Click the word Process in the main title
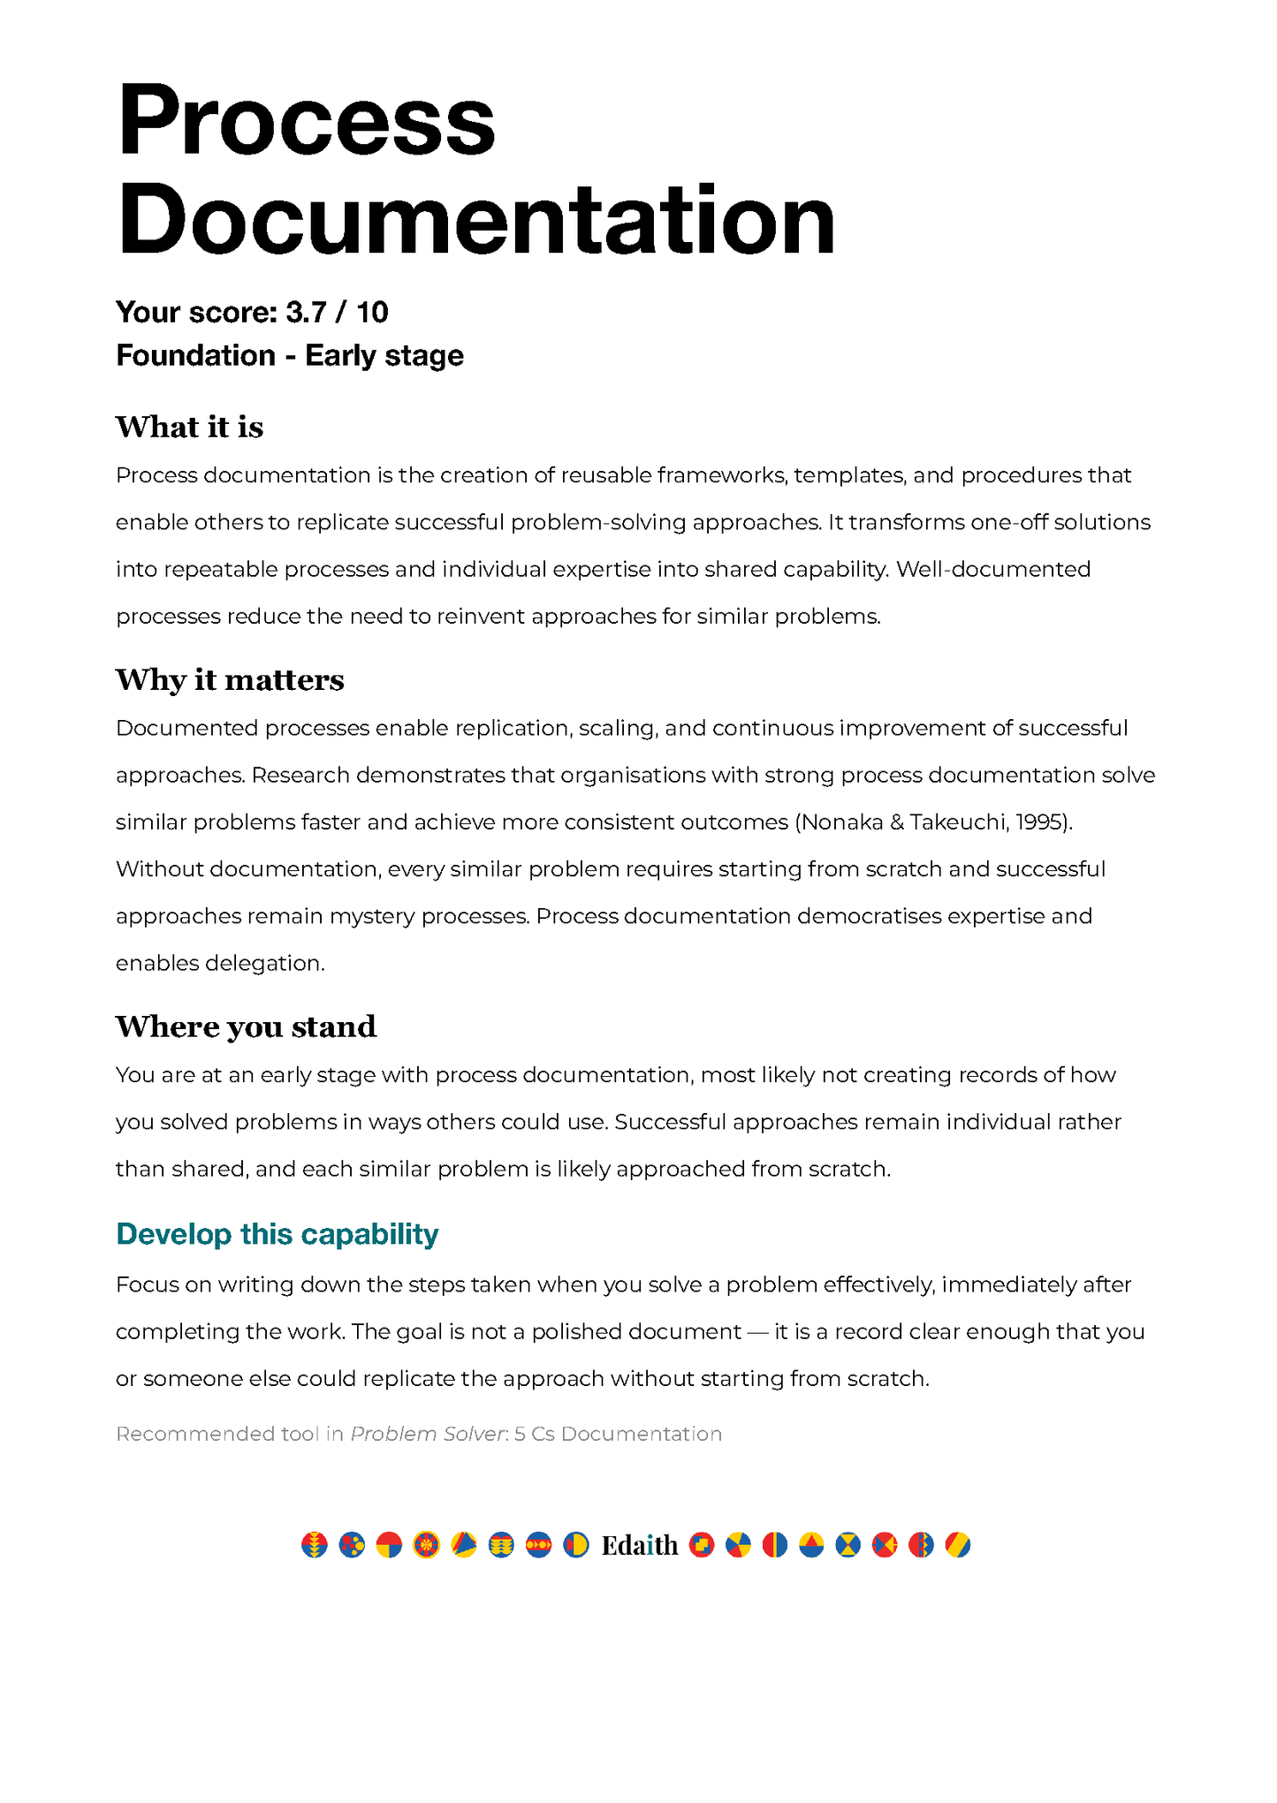point(306,121)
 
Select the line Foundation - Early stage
point(289,355)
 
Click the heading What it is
point(189,427)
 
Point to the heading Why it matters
point(230,679)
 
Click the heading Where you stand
point(246,1026)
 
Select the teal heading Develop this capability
point(277,1234)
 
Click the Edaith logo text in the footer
point(639,1545)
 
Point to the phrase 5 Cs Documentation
point(618,1434)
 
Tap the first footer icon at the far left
point(314,1544)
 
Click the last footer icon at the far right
point(957,1544)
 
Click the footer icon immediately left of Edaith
point(575,1544)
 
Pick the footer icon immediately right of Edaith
point(701,1544)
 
